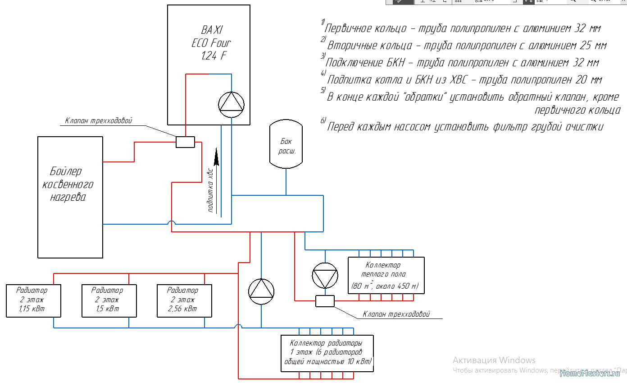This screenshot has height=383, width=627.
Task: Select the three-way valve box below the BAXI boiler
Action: [185, 142]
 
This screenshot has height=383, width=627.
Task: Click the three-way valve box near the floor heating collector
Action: [325, 301]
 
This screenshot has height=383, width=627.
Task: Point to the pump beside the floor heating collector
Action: [325, 275]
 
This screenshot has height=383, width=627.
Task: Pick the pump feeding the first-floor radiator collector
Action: [261, 291]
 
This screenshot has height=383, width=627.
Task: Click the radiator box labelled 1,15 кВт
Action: [33, 300]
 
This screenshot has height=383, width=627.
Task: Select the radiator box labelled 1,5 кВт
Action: [108, 300]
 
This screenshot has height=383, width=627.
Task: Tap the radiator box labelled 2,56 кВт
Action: [183, 300]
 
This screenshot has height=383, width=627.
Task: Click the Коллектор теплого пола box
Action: [386, 275]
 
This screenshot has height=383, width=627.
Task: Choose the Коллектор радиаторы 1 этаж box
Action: [327, 353]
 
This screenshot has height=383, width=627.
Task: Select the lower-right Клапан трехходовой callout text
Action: [396, 314]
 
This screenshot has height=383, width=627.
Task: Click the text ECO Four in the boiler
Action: [211, 43]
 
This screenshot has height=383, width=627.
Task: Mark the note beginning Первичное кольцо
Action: [462, 28]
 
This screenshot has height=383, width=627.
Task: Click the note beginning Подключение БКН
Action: [461, 62]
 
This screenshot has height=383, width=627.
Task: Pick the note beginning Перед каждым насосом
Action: [464, 127]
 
